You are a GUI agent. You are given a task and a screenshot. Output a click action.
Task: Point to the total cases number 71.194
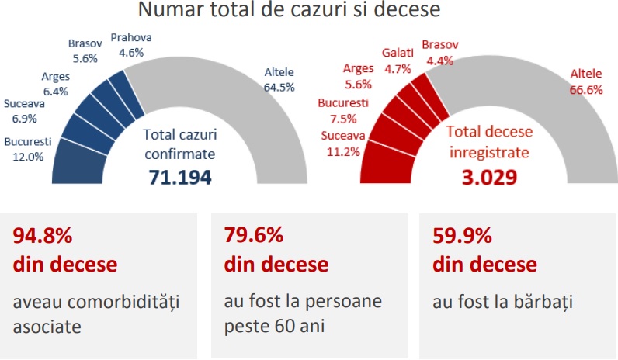coord(181,178)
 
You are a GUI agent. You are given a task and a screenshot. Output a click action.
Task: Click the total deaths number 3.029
coord(488,178)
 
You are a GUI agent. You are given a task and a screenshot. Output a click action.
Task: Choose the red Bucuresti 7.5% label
coord(342,111)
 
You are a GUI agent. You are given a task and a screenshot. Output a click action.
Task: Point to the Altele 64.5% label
coord(279,80)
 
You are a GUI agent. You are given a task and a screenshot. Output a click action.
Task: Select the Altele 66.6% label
coord(586,81)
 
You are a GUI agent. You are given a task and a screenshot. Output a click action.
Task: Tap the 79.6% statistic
coord(252,234)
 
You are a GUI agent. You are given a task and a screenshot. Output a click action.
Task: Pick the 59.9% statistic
coord(461,234)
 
